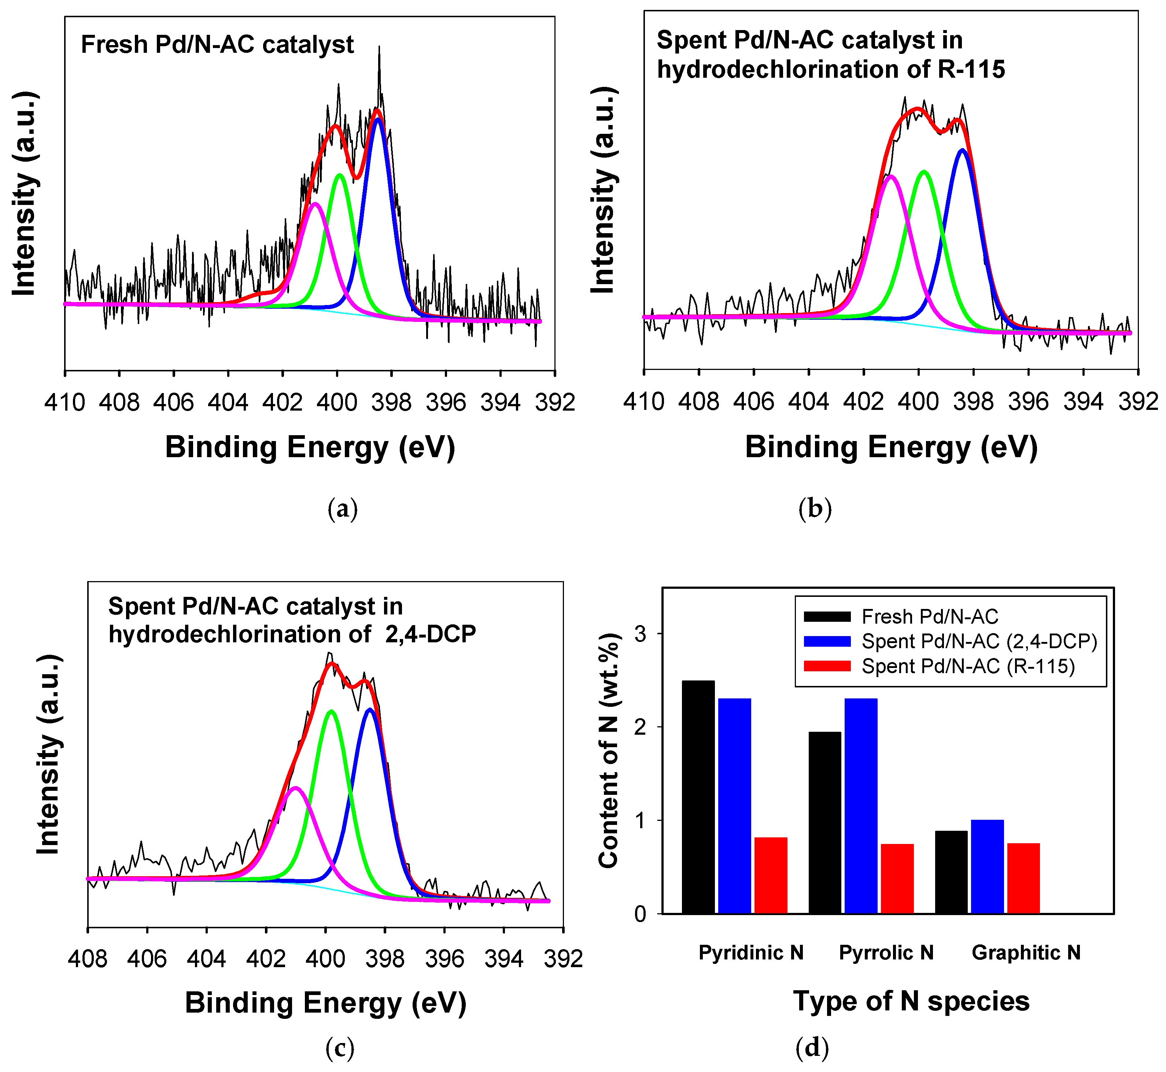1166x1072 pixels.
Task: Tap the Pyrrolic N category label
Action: [886, 952]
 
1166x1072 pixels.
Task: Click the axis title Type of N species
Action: [911, 1001]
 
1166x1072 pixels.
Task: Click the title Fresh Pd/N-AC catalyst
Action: [217, 45]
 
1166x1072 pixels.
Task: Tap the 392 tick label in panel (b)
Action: [1137, 401]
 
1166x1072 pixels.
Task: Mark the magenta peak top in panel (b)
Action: [890, 176]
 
